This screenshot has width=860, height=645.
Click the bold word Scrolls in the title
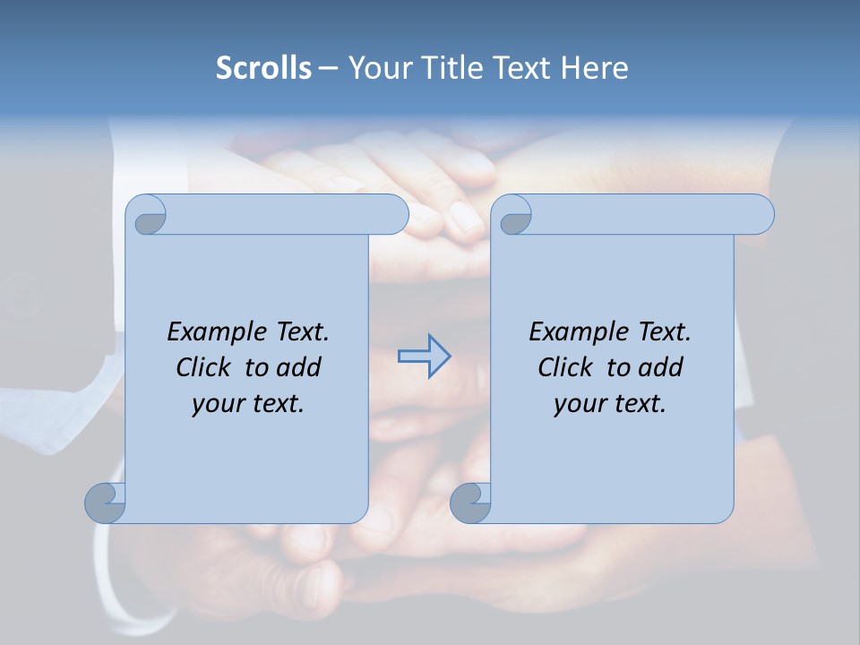[264, 67]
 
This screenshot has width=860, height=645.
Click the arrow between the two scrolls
[424, 357]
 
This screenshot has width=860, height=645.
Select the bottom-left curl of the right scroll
[470, 503]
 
